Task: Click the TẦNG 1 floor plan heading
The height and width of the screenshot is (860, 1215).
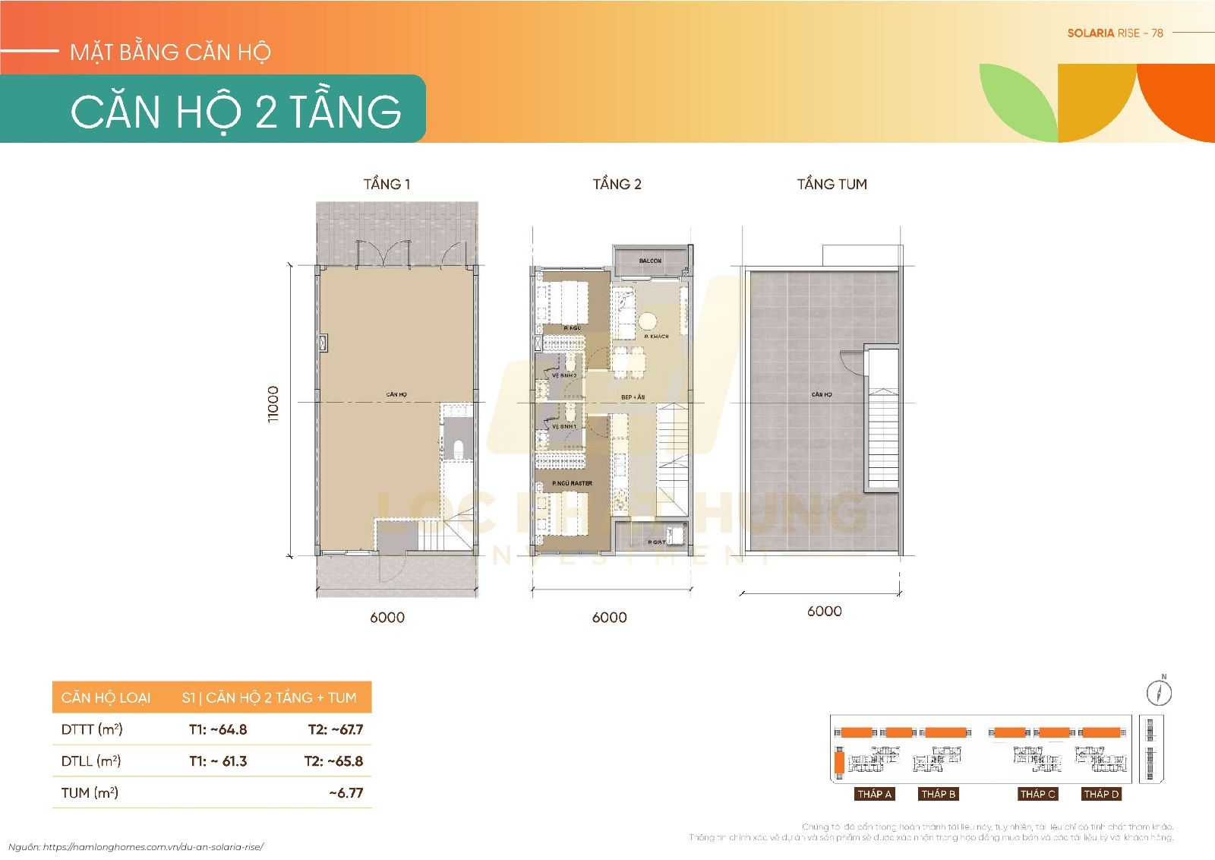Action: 387,184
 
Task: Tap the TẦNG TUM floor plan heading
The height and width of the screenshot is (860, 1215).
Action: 832,184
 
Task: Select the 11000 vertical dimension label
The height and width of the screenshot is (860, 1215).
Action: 273,404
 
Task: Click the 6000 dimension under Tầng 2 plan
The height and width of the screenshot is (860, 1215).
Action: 609,618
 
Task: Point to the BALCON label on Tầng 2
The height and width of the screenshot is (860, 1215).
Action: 650,261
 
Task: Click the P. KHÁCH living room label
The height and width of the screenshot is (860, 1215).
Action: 656,336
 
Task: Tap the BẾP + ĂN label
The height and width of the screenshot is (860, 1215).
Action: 633,397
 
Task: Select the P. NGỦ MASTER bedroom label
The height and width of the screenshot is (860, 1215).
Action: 573,483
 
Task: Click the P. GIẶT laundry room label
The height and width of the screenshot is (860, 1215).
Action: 656,542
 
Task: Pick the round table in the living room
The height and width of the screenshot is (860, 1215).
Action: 647,319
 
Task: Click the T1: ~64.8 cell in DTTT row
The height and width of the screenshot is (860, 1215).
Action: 218,729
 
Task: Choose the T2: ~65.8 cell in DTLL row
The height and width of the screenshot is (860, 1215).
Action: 334,761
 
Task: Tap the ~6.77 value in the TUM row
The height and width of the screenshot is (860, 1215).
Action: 346,793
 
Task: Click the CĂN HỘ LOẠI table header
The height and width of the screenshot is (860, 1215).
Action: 106,697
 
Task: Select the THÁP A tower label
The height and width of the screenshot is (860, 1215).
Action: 874,794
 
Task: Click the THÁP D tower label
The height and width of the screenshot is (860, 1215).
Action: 1101,794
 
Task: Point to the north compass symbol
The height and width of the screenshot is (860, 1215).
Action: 1159,691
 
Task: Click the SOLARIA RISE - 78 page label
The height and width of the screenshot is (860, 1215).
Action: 1115,33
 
